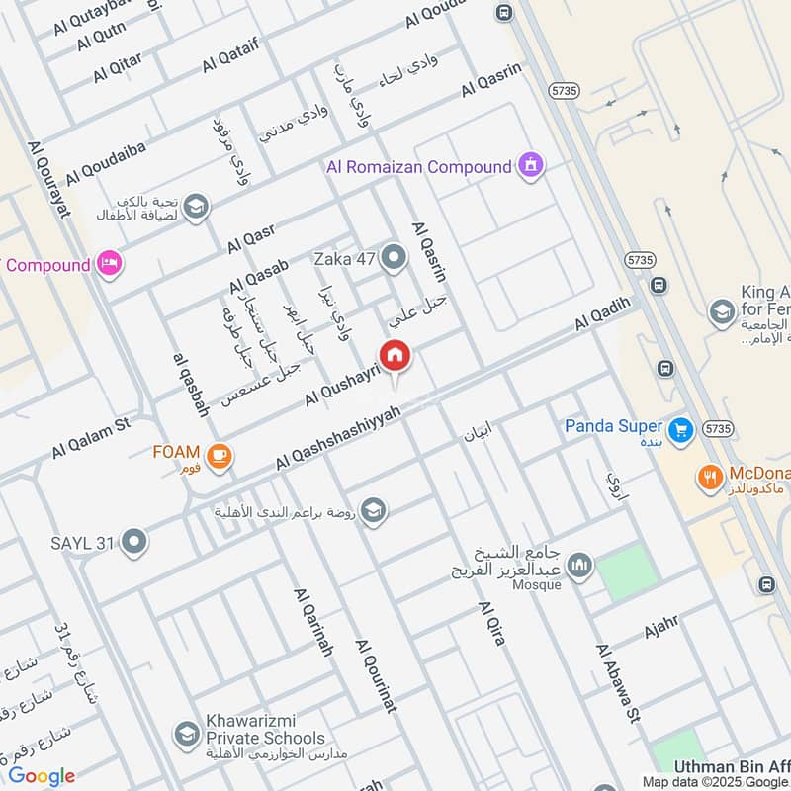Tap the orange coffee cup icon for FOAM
219,456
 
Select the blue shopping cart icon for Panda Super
678,430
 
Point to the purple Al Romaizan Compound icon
531,166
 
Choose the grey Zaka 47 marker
394,259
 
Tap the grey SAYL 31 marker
134,542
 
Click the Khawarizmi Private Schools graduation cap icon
185,734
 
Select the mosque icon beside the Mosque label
580,565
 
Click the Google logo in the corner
42,776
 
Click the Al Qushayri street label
342,383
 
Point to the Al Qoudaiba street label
106,162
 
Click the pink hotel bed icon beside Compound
110,264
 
